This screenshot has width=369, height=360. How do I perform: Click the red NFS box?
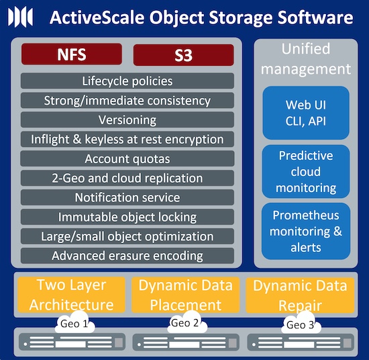(72, 54)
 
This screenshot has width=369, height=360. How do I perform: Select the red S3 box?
(184, 55)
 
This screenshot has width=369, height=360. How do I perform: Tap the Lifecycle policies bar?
(127, 81)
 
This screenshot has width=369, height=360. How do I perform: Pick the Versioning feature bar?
(127, 120)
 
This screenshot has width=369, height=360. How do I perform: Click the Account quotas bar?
(127, 159)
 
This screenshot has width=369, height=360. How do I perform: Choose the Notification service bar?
(127, 197)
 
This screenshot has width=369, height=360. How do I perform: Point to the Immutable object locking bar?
(127, 217)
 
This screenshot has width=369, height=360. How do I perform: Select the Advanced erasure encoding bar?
(127, 256)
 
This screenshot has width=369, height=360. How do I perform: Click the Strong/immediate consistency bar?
(127, 100)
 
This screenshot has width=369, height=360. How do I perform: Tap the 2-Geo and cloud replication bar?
(127, 178)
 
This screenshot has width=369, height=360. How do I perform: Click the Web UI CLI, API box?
(306, 113)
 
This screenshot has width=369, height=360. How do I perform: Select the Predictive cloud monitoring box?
(306, 171)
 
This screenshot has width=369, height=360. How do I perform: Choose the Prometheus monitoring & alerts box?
(306, 231)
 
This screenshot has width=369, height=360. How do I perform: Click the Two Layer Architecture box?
(71, 294)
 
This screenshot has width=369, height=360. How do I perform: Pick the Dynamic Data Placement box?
(185, 295)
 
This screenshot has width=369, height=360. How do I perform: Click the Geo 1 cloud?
(74, 322)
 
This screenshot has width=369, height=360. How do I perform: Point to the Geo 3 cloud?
(301, 323)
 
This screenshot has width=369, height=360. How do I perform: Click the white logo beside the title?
(20, 17)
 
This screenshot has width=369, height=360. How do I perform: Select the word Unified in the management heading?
(306, 48)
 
